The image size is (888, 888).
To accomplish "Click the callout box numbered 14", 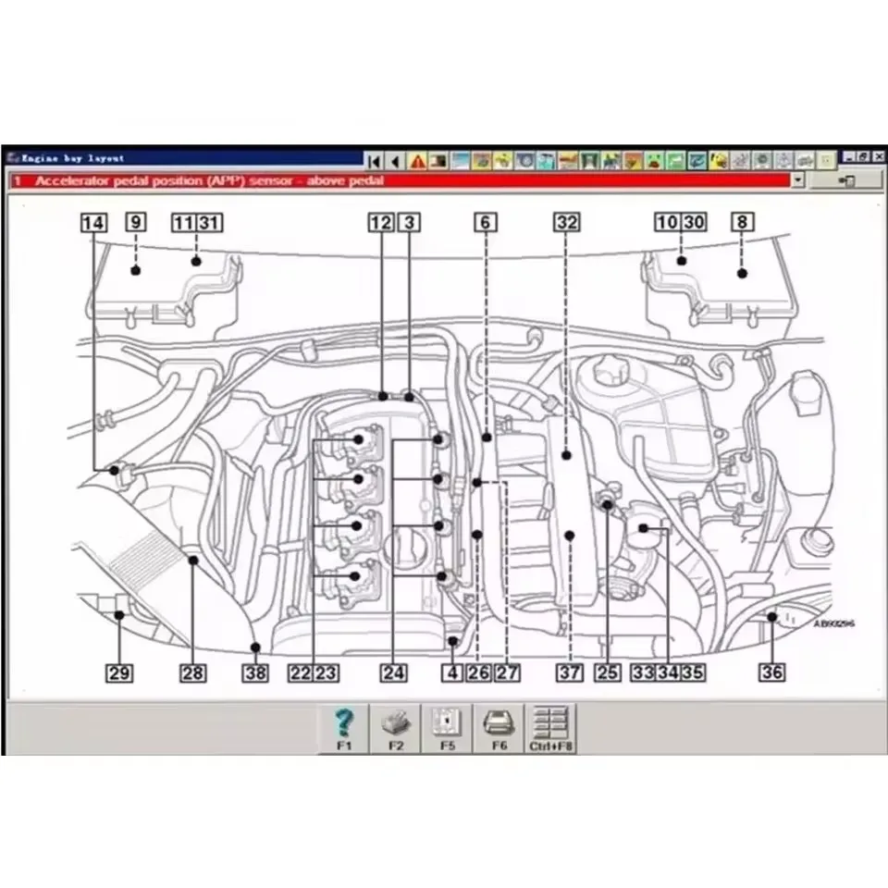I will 93,223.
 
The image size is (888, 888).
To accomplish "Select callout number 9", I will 135,223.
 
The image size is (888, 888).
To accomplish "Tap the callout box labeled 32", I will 567,223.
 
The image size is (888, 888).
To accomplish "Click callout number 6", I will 486,223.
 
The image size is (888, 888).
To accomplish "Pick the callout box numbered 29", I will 118,673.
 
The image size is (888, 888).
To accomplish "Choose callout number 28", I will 192,673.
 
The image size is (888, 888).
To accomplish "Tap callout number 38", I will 255,673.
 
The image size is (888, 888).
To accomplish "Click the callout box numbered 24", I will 393,673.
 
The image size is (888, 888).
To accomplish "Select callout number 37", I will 570,673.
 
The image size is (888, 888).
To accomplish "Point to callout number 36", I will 771,673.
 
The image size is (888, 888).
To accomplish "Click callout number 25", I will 607,673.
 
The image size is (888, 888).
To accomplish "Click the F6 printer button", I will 499,727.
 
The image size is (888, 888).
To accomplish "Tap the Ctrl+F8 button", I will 550,727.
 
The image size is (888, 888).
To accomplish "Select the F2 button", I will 396,727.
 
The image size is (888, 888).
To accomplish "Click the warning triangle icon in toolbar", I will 418,161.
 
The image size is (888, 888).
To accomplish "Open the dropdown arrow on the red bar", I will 798,181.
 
